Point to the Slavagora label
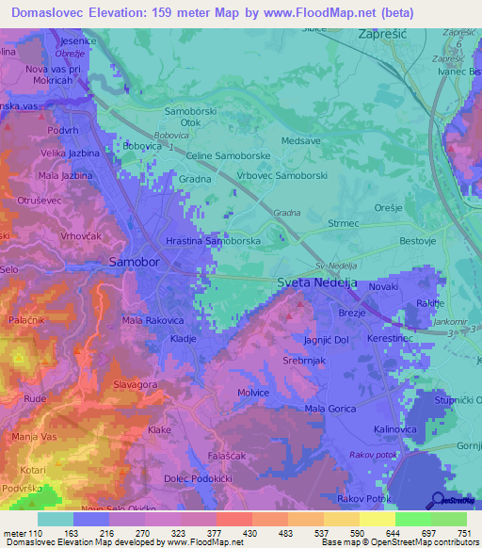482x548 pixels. coord(135,385)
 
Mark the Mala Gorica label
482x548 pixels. coord(330,409)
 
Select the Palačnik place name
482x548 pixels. coord(29,322)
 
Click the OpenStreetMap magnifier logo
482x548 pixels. coord(438,500)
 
